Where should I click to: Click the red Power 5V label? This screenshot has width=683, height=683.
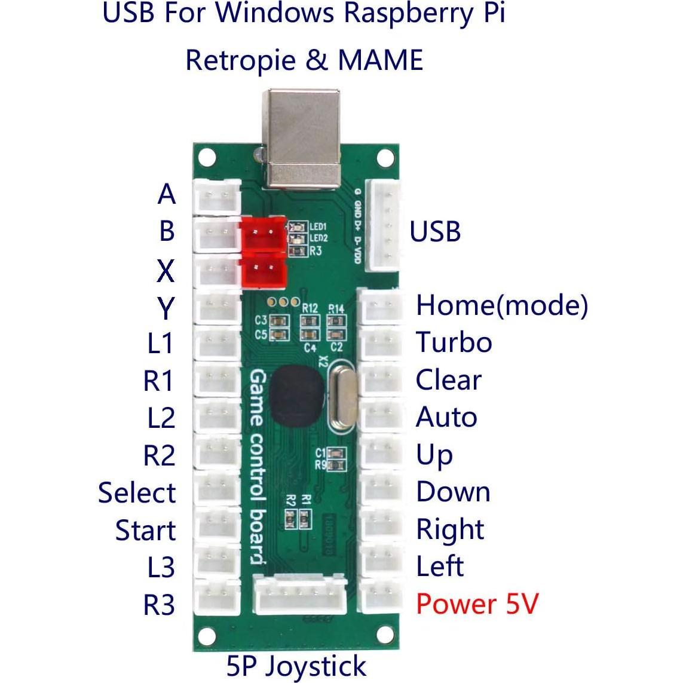click(x=477, y=604)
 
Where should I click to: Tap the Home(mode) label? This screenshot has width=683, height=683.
click(x=501, y=306)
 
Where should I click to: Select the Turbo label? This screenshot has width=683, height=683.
click(x=454, y=343)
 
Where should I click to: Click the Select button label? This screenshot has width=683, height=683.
click(x=137, y=494)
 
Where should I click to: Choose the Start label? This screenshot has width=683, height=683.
click(x=146, y=531)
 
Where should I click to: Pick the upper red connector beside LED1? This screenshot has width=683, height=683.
click(x=263, y=231)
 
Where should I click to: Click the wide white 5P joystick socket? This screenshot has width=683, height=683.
click(x=300, y=596)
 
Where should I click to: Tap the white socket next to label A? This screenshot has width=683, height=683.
click(x=216, y=195)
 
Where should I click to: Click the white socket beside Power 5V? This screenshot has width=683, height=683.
click(x=382, y=598)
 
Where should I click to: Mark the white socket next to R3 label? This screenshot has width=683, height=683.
click(x=216, y=599)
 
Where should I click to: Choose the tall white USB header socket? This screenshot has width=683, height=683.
click(x=382, y=227)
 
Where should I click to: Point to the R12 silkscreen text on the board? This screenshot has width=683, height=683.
click(x=310, y=308)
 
